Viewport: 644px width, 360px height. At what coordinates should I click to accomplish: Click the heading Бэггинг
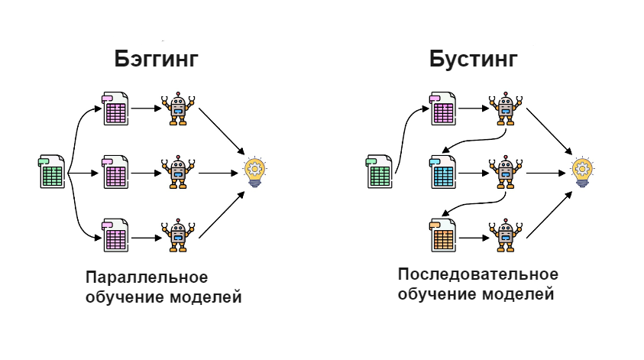click(156, 60)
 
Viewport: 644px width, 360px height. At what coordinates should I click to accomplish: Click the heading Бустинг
click(473, 60)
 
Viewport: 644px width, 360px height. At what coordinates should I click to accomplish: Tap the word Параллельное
click(147, 277)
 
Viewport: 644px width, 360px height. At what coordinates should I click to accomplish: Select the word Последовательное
click(478, 274)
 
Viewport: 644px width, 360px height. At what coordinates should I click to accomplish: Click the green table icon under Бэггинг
click(52, 172)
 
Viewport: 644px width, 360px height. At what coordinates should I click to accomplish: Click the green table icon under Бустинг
click(379, 172)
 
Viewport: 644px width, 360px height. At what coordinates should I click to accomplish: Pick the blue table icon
click(443, 172)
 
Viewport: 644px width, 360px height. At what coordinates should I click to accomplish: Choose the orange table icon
click(443, 235)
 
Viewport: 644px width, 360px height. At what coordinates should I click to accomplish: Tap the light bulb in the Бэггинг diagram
click(255, 172)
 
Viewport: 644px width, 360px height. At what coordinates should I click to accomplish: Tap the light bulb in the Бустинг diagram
click(582, 172)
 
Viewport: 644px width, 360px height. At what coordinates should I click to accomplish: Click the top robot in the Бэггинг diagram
click(178, 109)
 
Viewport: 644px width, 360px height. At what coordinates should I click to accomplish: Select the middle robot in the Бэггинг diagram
click(178, 172)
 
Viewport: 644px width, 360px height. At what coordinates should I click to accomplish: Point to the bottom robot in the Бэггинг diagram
click(178, 235)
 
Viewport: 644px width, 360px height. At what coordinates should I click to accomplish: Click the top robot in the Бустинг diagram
click(506, 109)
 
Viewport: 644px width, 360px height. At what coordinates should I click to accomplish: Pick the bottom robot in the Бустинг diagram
click(506, 235)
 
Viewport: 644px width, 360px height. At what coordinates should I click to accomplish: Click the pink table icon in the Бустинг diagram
click(443, 109)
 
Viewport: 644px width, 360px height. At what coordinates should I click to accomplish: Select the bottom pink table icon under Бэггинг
click(115, 235)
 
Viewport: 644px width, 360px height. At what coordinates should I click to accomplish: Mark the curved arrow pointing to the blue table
click(477, 141)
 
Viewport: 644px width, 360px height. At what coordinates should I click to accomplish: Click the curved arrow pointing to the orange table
click(477, 203)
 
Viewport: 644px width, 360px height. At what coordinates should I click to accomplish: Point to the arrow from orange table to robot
click(474, 238)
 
